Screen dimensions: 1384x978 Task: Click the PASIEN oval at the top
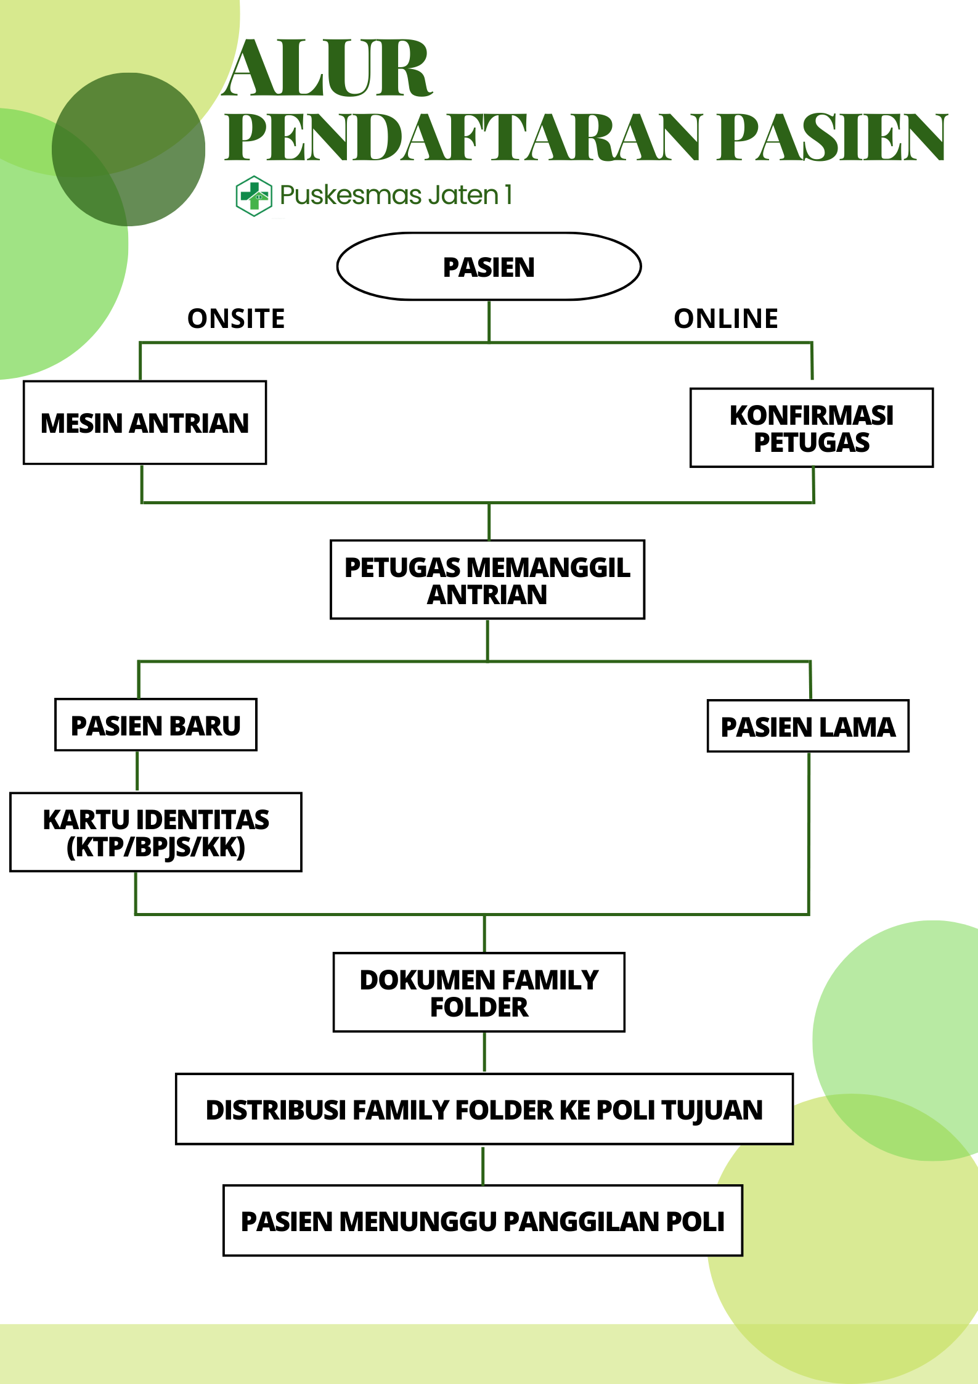tap(489, 267)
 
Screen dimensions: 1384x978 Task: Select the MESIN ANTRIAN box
tap(145, 423)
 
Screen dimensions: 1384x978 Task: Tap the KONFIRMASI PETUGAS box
tap(811, 428)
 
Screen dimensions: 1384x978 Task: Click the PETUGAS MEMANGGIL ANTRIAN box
tap(487, 579)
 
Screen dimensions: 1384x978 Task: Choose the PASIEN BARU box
tap(155, 725)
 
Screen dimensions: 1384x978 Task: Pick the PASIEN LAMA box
tap(807, 726)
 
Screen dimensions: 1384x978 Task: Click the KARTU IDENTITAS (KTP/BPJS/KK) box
tap(155, 832)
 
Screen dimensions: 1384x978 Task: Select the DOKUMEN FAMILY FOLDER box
tap(479, 993)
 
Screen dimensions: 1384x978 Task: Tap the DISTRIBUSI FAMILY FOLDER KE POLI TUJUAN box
tap(484, 1110)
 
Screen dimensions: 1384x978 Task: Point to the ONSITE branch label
tap(236, 319)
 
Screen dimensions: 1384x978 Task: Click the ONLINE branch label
tap(726, 319)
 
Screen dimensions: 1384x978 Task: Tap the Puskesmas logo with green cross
tap(254, 196)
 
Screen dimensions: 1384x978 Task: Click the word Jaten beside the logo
tap(463, 195)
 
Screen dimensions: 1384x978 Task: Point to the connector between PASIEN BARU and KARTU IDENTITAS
tap(137, 771)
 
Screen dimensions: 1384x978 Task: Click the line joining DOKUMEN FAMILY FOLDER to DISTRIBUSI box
tap(484, 1052)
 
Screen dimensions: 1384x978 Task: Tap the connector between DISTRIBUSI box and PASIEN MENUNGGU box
tap(483, 1165)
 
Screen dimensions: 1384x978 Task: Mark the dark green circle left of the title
tap(128, 149)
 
